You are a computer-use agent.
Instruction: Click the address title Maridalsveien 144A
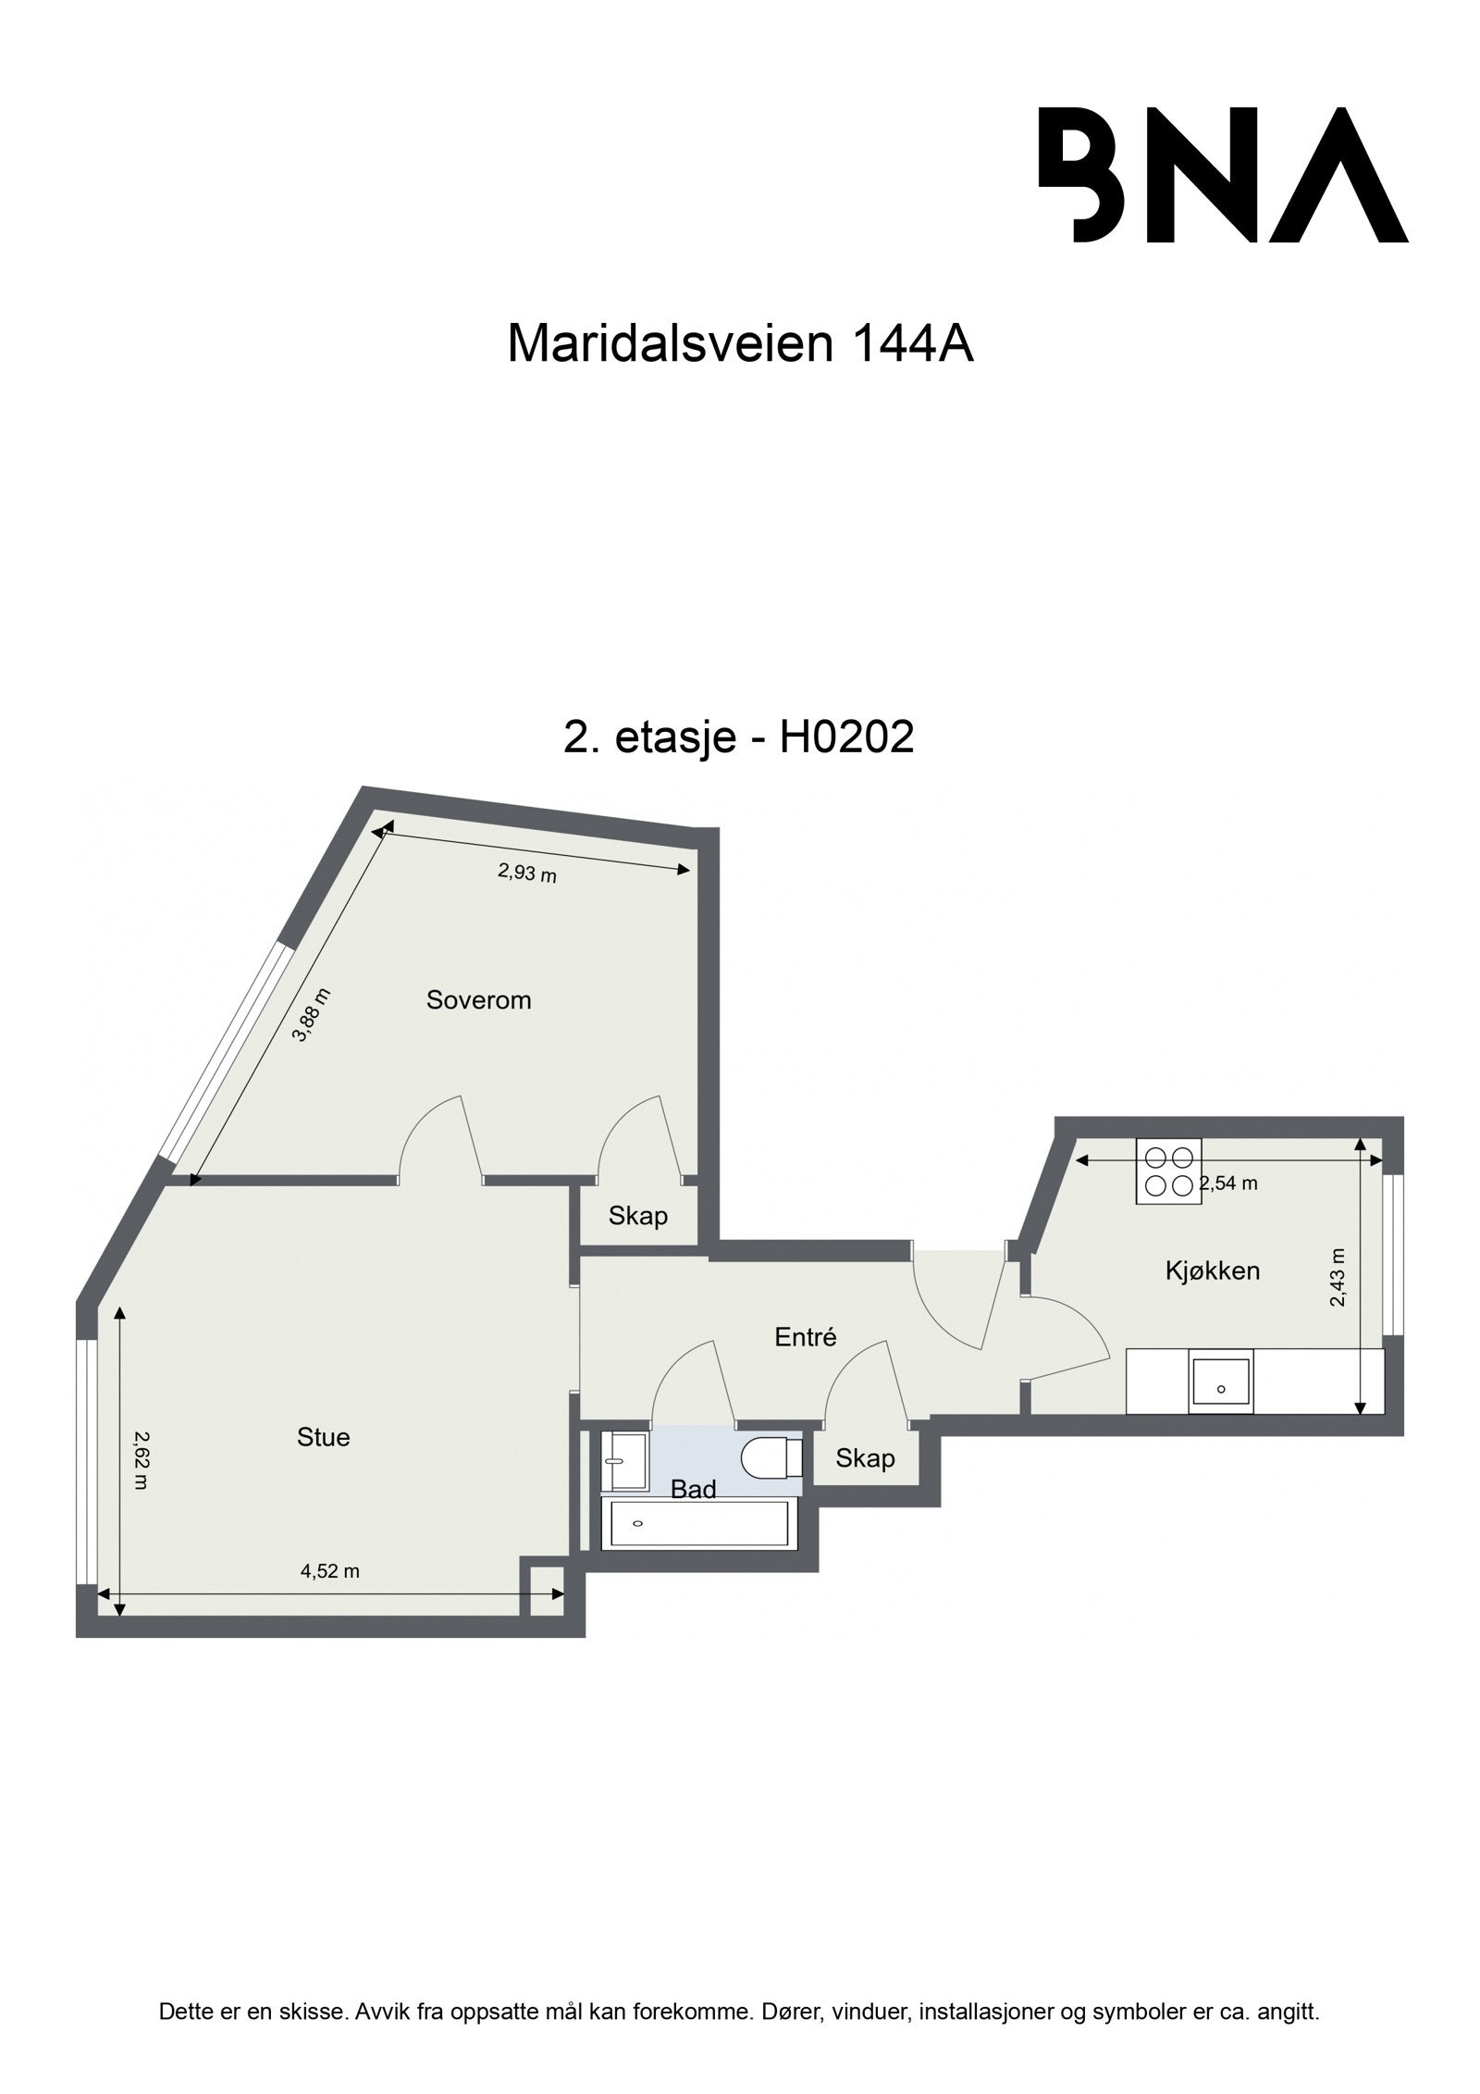click(x=740, y=344)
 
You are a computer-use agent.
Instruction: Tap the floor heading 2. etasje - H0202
click(x=738, y=737)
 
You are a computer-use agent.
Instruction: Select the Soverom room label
click(x=478, y=999)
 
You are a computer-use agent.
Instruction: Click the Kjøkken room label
click(x=1212, y=1270)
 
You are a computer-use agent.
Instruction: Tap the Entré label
click(x=805, y=1337)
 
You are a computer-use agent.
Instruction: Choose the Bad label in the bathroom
click(x=693, y=1490)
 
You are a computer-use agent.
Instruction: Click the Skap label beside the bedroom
click(x=637, y=1216)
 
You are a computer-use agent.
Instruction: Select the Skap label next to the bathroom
click(x=865, y=1459)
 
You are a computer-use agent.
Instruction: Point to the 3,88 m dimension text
click(x=312, y=1015)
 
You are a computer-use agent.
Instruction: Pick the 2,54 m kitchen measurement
click(x=1228, y=1183)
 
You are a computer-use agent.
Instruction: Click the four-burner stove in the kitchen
click(x=1168, y=1171)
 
